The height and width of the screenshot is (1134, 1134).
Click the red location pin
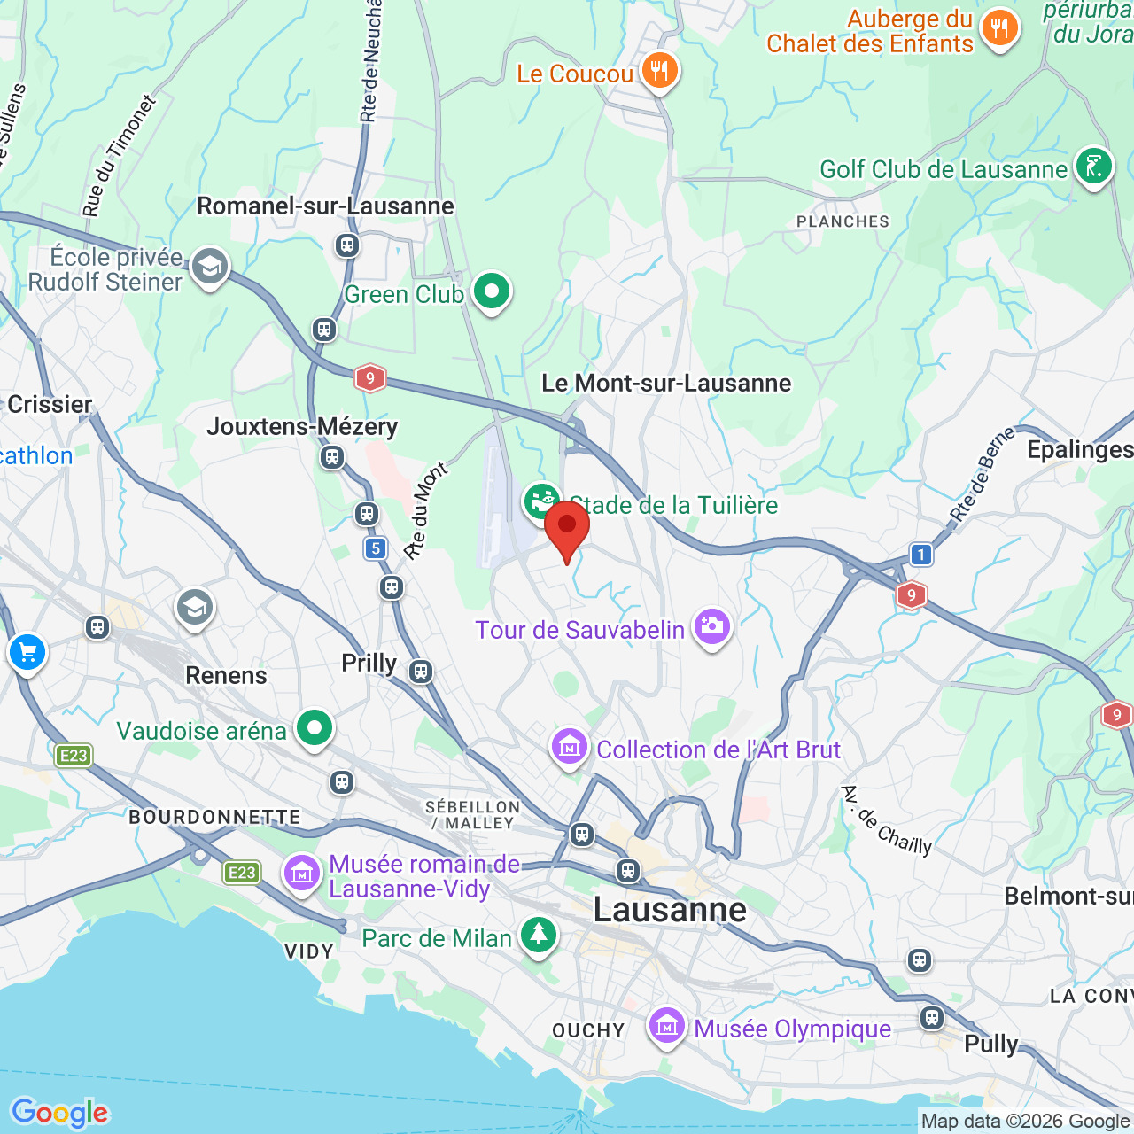567,525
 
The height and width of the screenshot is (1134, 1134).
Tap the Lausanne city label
670,910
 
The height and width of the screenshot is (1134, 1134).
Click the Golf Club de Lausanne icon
1093,166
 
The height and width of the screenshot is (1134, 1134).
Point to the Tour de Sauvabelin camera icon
711,626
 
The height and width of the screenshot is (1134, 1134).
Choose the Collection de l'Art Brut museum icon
570,747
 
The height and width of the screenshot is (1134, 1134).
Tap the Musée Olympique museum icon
666,1026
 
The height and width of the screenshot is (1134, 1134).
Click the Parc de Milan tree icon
538,934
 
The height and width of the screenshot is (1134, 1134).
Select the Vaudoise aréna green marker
314,727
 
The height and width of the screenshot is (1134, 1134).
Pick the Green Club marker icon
492,291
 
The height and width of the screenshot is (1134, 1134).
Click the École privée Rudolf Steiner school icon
210,265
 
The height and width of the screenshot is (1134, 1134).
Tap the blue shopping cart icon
27,653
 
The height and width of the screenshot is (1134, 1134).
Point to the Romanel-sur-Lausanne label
325,206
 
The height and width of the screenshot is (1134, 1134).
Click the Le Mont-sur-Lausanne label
666,384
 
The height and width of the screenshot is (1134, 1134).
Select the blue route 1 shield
921,555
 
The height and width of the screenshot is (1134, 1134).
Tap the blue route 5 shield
376,548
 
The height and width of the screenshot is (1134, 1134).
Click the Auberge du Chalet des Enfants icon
999,27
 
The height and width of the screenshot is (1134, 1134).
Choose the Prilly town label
369,663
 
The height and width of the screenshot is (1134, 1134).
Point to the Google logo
60,1113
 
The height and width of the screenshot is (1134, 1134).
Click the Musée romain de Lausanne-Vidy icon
301,873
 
